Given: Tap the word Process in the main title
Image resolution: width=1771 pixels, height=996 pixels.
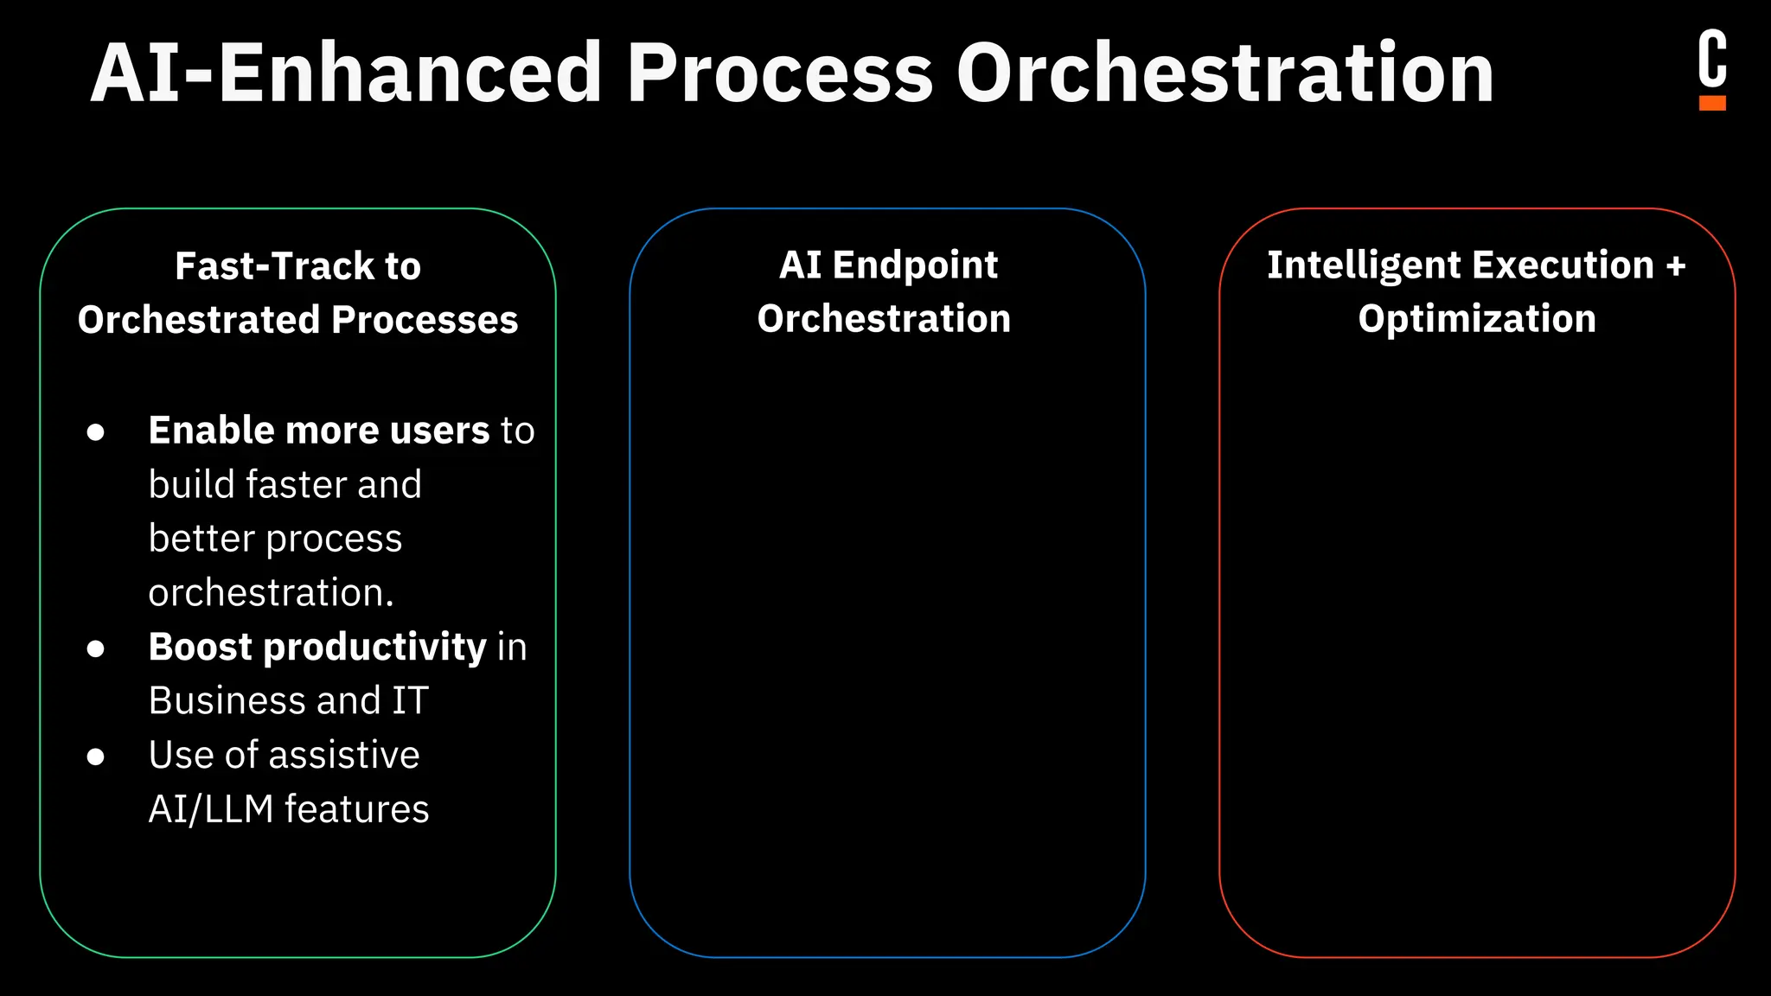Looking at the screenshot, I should [779, 73].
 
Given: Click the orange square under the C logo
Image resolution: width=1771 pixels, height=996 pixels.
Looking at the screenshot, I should [1712, 103].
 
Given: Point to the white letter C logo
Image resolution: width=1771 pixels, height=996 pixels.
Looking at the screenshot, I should [1712, 59].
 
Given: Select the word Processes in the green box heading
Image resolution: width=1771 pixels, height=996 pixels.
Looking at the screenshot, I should [425, 320].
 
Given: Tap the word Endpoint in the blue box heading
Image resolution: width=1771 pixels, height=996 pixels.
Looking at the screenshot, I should [915, 265].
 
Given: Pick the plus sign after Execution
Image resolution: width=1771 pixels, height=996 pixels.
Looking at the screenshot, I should [1676, 265].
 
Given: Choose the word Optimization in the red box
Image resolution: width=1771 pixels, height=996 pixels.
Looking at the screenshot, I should [1477, 319].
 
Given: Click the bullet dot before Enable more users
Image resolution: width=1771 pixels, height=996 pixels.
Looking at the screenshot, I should [96, 431].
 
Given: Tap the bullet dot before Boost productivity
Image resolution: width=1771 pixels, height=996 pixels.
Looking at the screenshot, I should [96, 648].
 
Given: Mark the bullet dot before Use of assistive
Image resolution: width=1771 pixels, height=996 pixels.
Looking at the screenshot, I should [96, 757].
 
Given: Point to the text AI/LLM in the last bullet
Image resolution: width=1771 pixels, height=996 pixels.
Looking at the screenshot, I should [210, 809].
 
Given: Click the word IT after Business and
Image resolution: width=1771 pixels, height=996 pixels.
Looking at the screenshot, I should [410, 701].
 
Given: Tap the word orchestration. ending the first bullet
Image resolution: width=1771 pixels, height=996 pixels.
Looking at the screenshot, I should [271, 593].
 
